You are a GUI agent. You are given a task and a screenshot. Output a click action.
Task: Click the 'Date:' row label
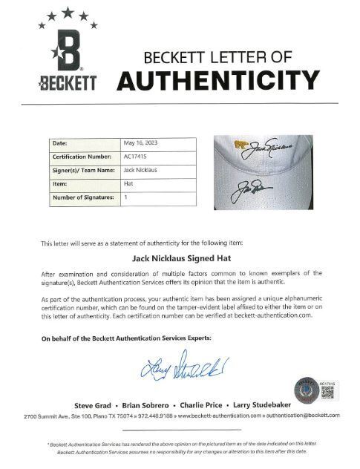(x=60, y=143)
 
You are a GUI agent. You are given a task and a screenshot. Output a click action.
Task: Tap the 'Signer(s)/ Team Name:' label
(x=82, y=170)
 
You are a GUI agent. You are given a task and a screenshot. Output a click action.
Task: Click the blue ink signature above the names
(x=182, y=368)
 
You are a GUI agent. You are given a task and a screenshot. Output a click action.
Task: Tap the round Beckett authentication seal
(x=306, y=389)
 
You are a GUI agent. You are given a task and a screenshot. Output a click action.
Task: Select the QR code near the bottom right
(x=327, y=390)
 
